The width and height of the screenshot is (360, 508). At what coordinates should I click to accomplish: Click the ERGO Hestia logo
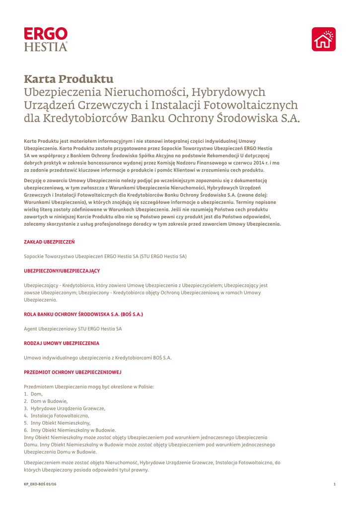46,39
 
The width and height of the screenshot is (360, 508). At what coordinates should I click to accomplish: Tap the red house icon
323,39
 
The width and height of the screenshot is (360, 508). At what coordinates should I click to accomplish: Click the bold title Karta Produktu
69,79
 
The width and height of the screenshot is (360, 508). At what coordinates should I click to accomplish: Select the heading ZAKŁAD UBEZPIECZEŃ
49,242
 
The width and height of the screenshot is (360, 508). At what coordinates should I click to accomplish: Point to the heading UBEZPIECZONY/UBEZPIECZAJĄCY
62,270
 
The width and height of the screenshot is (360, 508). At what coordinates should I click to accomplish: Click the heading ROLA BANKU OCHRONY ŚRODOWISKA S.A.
83,314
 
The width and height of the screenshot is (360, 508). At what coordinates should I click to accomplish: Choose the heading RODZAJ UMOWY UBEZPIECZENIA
62,343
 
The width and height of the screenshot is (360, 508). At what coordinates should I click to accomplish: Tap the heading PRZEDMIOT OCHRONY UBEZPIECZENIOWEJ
72,372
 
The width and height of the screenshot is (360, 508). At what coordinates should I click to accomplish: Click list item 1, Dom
36,393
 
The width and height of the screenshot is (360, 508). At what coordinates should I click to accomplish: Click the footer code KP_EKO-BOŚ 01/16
40,484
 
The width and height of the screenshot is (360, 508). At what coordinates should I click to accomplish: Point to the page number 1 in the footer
335,484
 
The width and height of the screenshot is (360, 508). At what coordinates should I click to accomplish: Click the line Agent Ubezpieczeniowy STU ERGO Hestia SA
72,328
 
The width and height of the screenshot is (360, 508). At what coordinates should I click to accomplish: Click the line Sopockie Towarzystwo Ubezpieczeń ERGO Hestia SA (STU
105,256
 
